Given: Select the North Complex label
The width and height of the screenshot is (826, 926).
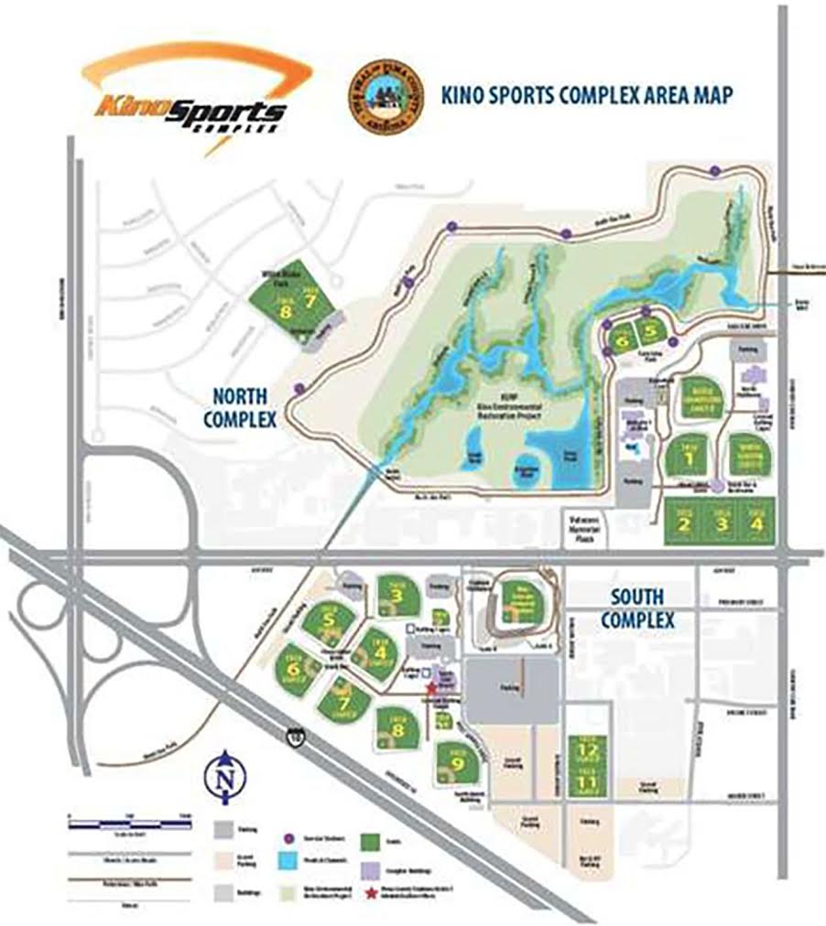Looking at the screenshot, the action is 244,408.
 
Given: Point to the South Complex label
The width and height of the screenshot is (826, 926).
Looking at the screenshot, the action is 637,608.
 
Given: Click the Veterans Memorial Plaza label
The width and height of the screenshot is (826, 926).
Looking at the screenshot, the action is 583,521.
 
